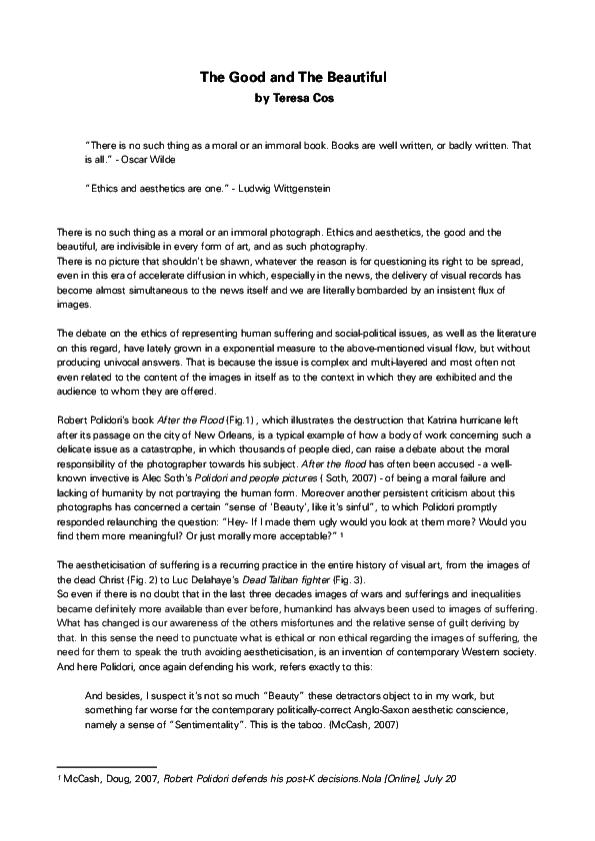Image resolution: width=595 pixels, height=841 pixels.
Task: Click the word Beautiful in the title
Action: coord(352,76)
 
